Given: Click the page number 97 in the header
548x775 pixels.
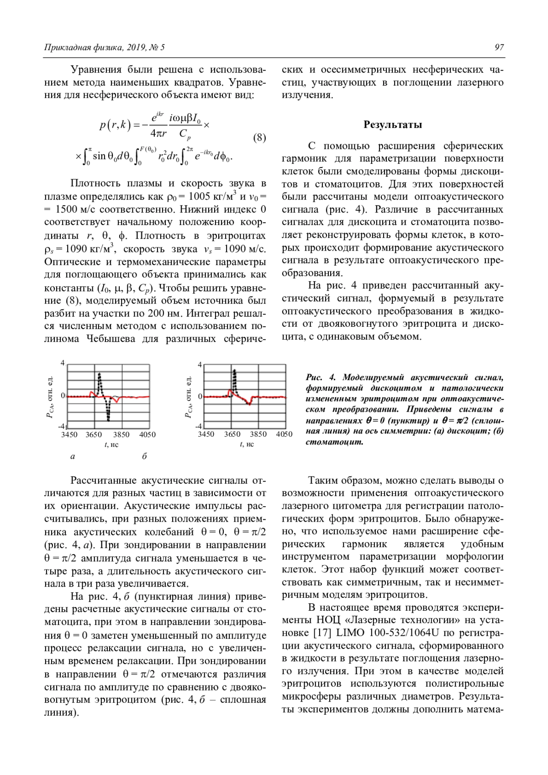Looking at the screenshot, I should [x=499, y=47].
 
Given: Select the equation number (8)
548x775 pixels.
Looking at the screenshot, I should [x=259, y=137].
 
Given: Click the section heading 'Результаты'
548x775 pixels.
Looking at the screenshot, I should [x=392, y=125].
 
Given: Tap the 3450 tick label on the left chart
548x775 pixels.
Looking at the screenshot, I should [x=69, y=435].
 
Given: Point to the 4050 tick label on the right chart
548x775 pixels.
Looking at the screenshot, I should [x=284, y=434].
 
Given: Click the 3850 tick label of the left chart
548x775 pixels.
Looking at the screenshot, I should [x=121, y=435].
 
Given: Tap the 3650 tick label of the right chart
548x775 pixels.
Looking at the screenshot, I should [x=232, y=434].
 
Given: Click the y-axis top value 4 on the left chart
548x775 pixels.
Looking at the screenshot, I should [x=63, y=363].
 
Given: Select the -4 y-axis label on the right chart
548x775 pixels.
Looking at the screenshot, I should [x=199, y=426].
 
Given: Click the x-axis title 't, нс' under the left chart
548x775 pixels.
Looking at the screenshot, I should [x=111, y=444].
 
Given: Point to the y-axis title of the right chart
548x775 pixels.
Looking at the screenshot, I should [x=188, y=397].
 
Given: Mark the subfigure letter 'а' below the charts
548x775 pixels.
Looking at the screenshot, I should [x=73, y=456].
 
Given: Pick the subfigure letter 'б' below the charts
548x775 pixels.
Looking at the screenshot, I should [x=144, y=456].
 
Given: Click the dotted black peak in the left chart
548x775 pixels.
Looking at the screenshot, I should [x=100, y=375].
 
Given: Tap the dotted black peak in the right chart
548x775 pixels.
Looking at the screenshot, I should [x=234, y=372].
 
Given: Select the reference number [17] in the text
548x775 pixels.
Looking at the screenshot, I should [x=322, y=633].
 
